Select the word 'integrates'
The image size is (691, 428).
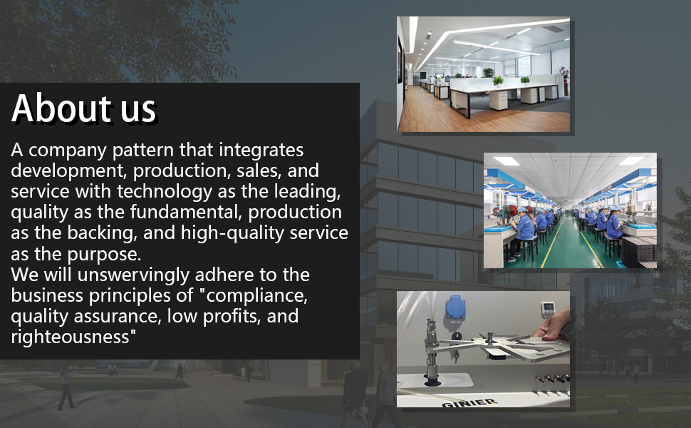[x=261, y=151]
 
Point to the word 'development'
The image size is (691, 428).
[x=69, y=170]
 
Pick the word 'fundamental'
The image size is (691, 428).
[x=186, y=213]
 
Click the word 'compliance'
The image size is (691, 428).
[x=256, y=295]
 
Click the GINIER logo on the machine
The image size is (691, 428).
[x=469, y=403]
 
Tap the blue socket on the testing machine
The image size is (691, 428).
[x=455, y=307]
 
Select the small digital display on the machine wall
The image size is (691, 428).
[x=548, y=308]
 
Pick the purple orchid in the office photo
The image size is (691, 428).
[x=563, y=71]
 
